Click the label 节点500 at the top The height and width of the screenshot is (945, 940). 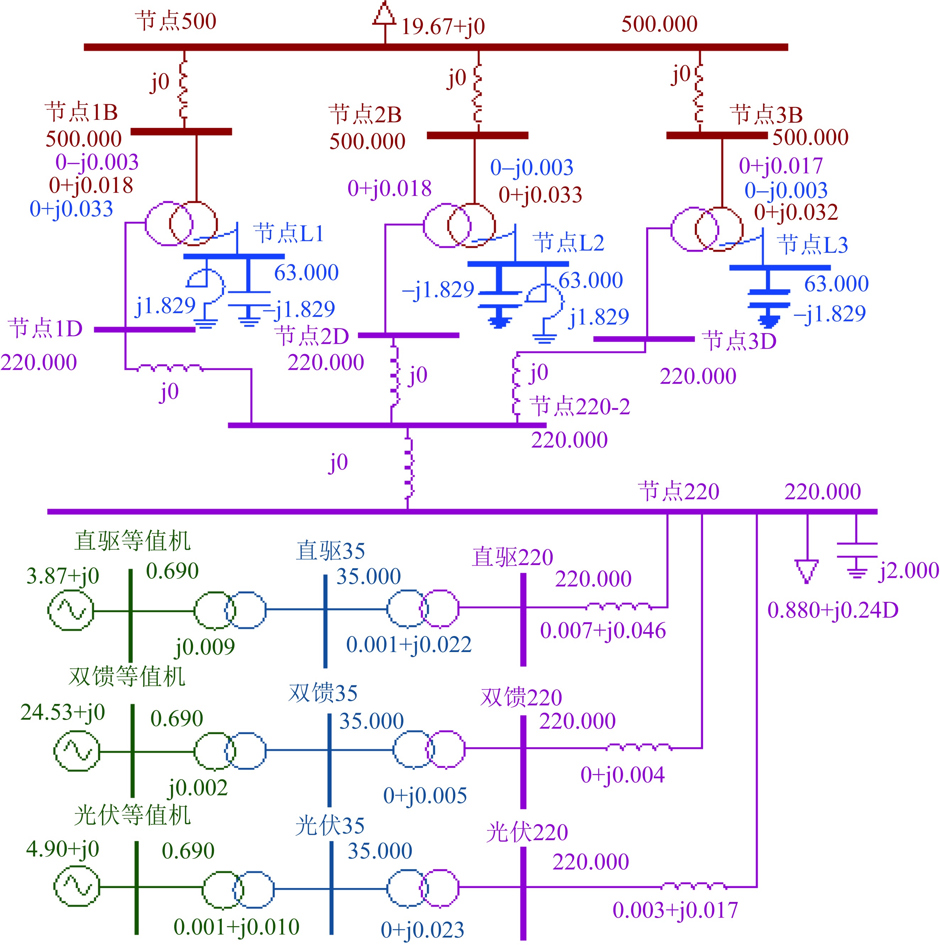pos(176,22)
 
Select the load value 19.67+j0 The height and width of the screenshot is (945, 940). pos(443,26)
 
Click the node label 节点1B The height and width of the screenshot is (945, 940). pos(81,112)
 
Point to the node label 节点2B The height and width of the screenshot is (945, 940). pos(365,114)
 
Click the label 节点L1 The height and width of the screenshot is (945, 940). pos(289,233)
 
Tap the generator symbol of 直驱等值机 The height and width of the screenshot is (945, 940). pos(70,610)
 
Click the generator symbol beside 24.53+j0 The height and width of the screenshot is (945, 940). pos(77,751)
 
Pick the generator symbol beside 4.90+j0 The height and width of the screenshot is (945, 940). pos(77,886)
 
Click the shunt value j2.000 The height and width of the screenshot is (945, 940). pos(909,570)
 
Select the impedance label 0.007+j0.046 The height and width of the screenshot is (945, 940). pos(603,630)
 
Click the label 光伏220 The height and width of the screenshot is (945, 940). pos(527,833)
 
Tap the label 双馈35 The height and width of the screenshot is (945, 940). pos(323,693)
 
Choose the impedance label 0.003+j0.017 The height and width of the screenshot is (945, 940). pos(675,910)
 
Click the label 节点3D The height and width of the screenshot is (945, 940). pos(739,341)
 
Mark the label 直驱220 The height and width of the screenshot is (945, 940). pos(512,557)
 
